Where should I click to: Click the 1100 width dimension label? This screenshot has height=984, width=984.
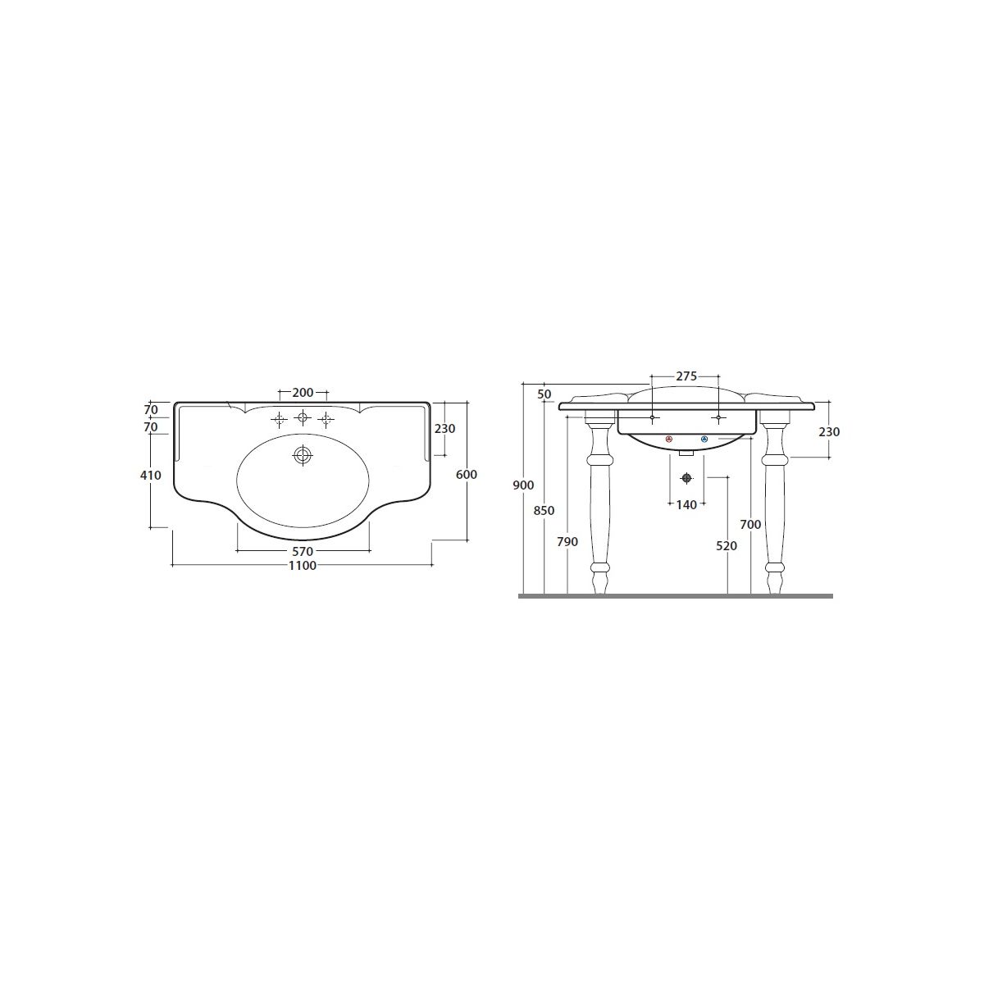pyautogui.click(x=303, y=565)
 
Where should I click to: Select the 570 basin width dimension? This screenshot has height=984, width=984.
pyautogui.click(x=303, y=552)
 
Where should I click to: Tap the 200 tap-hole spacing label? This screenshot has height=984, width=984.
pyautogui.click(x=303, y=393)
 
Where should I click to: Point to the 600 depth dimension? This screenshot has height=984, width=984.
pyautogui.click(x=467, y=475)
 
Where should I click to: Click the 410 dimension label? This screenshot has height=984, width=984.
pyautogui.click(x=151, y=475)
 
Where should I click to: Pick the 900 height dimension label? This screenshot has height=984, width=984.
pyautogui.click(x=523, y=485)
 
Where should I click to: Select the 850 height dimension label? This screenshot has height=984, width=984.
pyautogui.click(x=544, y=510)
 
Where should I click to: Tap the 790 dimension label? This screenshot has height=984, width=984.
pyautogui.click(x=567, y=542)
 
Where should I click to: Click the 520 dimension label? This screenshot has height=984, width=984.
pyautogui.click(x=727, y=546)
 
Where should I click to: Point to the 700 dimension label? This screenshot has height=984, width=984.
pyautogui.click(x=750, y=525)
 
